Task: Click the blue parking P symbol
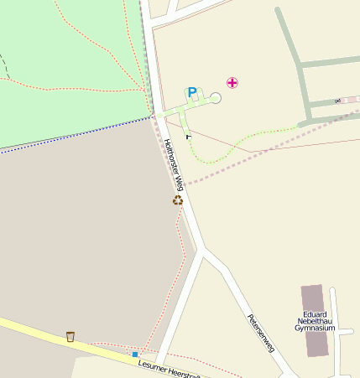tap(192, 92)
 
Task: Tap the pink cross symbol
tap(232, 82)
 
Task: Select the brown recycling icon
tap(178, 200)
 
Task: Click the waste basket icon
tap(70, 337)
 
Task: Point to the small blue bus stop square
tap(134, 355)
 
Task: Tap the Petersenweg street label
tap(261, 332)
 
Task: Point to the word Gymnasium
tap(315, 329)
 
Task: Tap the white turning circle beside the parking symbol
tap(216, 98)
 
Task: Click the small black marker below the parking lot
tap(188, 136)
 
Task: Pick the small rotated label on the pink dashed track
tap(337, 101)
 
